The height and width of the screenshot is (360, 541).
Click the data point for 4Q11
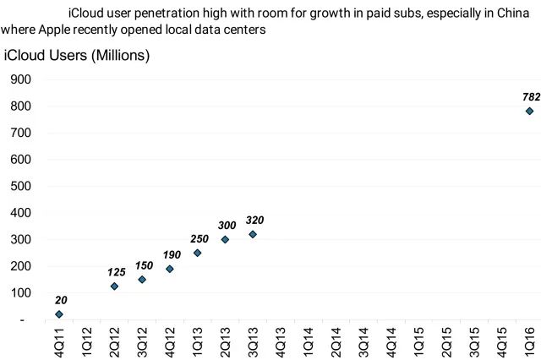click(x=59, y=314)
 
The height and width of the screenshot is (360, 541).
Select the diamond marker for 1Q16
click(x=529, y=111)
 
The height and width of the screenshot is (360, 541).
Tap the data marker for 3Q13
click(x=253, y=234)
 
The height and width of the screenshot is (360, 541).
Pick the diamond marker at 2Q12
click(x=114, y=286)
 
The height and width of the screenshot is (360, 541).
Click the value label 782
click(x=531, y=97)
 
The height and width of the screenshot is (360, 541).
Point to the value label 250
click(x=199, y=238)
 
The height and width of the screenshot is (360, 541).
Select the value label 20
click(x=61, y=300)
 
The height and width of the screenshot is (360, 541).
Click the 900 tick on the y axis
click(x=20, y=79)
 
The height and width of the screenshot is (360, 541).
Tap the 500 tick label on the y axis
click(x=20, y=186)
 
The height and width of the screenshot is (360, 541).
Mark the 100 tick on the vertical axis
click(x=20, y=293)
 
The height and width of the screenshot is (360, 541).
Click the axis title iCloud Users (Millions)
click(x=77, y=56)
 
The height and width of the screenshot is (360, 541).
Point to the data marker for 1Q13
click(x=197, y=253)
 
